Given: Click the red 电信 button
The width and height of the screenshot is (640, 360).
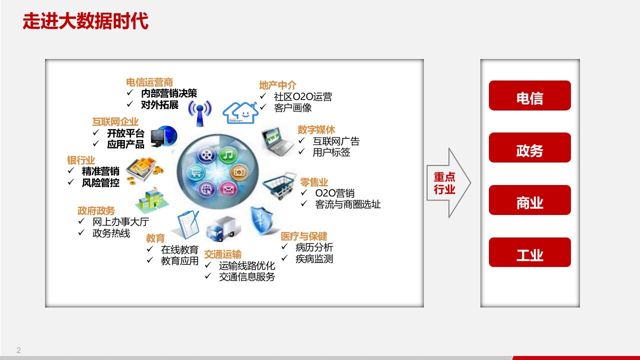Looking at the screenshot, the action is tap(530, 95).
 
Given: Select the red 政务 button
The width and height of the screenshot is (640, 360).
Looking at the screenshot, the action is tap(530, 147).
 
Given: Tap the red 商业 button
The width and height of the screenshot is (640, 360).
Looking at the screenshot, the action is tap(530, 200).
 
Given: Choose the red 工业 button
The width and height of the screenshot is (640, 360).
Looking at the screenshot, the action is tap(530, 252).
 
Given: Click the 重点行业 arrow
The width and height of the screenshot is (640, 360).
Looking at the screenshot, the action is tap(448, 183).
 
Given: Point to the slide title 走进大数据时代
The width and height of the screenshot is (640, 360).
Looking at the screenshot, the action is tap(86, 21).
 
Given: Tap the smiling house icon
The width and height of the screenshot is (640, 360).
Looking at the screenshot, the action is tap(241, 112).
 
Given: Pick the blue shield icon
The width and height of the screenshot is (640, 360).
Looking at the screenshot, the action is tap(262, 220).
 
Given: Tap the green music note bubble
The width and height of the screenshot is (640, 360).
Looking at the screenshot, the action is tap(228, 155).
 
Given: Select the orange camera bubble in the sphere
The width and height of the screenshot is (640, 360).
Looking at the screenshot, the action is tap(239, 172).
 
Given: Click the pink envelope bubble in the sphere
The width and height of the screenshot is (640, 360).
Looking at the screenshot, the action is tap(228, 189).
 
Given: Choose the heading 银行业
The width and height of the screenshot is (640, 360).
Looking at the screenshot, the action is tap(81, 160).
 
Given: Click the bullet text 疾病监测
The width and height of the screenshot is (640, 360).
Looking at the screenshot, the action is tap(314, 259).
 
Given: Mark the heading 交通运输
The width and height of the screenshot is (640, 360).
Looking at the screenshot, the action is tap(223, 254).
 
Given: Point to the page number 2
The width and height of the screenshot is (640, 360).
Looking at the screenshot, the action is tap(19, 350).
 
